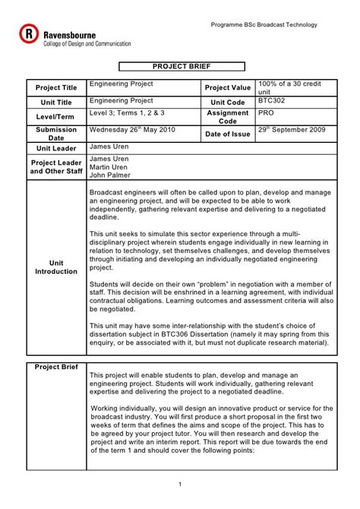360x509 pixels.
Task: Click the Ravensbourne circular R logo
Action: tap(29, 34)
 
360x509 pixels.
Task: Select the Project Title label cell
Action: tap(55, 88)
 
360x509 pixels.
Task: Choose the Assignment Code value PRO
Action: tap(266, 112)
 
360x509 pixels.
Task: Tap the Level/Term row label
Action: tap(56, 116)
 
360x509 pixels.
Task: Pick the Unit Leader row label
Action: tap(55, 148)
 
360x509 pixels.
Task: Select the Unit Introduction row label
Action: tap(56, 266)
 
